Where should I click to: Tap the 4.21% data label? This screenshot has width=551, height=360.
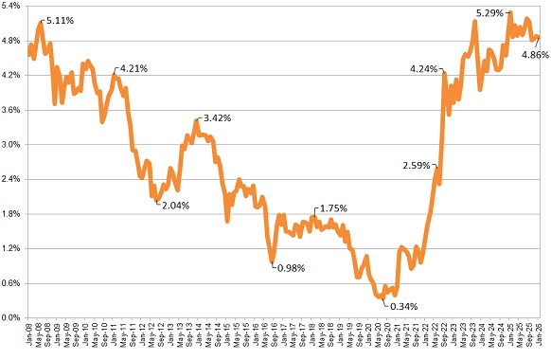pos(132,68)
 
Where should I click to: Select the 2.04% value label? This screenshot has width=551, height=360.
pos(173,205)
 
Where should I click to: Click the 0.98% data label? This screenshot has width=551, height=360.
pos(292,267)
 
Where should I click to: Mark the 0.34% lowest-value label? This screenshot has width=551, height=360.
pos(403,306)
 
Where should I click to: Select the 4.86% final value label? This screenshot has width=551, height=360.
pos(535,55)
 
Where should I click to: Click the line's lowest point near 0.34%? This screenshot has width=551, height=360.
pos(382,297)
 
